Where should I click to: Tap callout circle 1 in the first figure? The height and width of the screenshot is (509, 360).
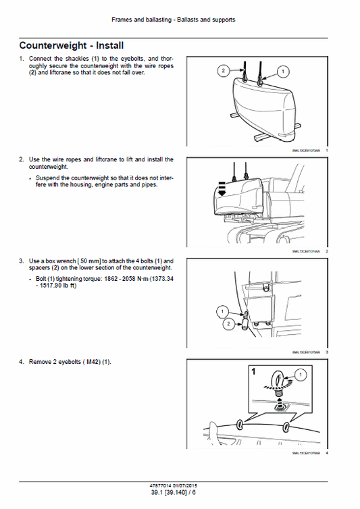click(x=282, y=70)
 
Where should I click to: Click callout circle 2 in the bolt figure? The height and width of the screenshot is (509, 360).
click(x=230, y=325)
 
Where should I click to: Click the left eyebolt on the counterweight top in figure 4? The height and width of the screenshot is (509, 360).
click(x=241, y=425)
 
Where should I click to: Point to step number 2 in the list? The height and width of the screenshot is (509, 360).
click(x=21, y=160)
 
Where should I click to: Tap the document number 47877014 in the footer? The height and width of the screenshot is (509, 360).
click(x=159, y=485)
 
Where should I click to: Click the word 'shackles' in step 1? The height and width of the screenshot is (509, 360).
click(x=69, y=59)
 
